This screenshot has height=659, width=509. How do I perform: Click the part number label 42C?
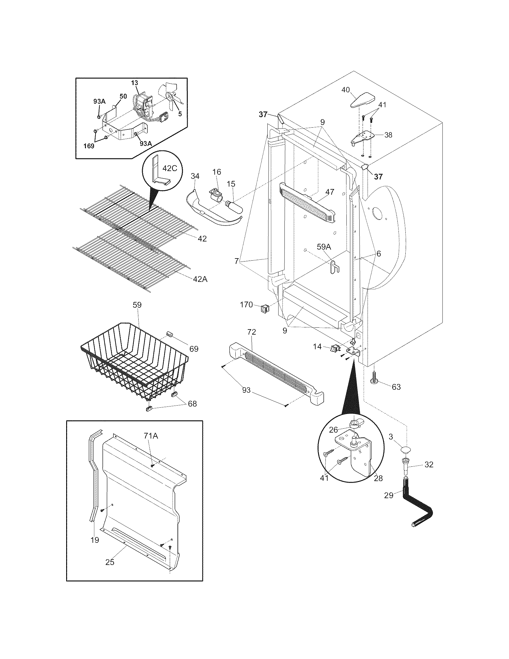(169, 168)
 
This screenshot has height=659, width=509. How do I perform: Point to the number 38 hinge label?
(388, 135)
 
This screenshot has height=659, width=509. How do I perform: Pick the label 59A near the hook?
(324, 247)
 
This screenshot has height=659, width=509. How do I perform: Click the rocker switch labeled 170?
(264, 308)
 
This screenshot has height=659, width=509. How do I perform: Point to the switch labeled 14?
(334, 348)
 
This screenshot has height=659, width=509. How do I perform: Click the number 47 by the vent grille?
(330, 192)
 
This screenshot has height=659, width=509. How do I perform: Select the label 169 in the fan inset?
(89, 146)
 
